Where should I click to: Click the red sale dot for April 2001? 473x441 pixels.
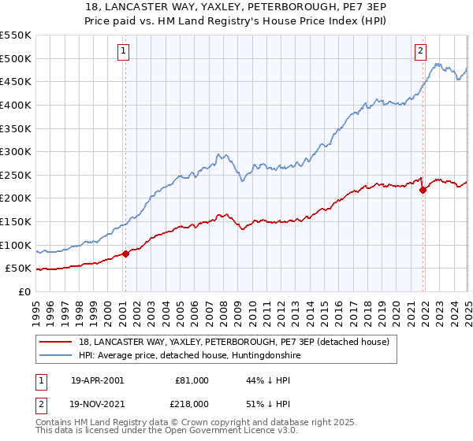[125, 254]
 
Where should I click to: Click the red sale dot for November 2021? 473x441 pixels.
[423, 190]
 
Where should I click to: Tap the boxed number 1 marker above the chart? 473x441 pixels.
[124, 51]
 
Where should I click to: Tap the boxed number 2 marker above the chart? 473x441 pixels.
[421, 51]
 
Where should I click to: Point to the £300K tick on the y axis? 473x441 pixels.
[16, 151]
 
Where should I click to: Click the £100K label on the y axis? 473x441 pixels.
[16, 245]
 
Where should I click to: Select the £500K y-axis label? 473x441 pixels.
[16, 58]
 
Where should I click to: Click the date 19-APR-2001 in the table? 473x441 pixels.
[97, 380]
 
